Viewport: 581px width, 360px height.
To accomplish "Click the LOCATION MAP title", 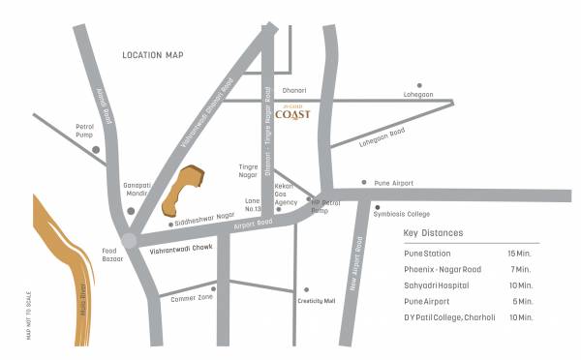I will tap(153, 56).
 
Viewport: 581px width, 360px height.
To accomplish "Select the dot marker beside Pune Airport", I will tap(363, 182).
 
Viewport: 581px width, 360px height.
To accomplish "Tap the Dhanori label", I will tap(293, 89).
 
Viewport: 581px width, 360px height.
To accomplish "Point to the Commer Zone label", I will tap(191, 298).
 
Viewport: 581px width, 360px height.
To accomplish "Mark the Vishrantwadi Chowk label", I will tap(180, 251).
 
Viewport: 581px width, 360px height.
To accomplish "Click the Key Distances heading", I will tap(433, 233).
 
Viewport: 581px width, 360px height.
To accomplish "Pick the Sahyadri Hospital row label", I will tap(436, 285).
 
